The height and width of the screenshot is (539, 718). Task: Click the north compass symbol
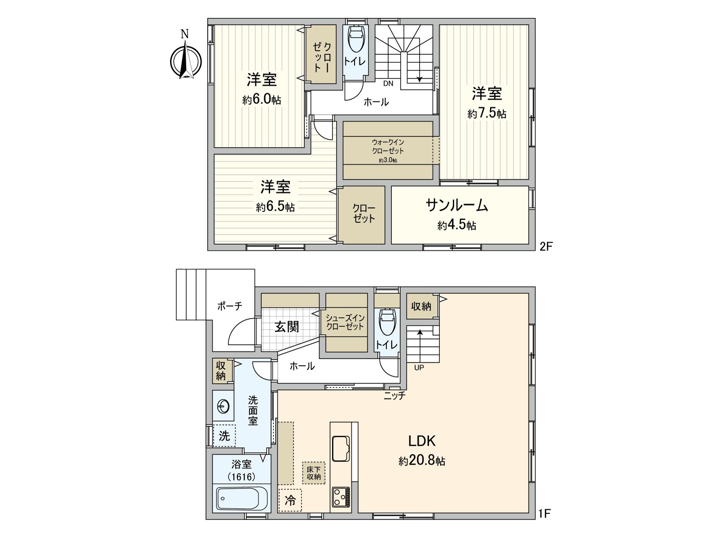coord(185,61)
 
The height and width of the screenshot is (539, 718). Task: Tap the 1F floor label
coord(544,513)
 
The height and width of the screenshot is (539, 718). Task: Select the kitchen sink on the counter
coord(342,448)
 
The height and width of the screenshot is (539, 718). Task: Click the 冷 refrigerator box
coord(290,500)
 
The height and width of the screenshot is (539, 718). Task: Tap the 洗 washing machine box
coord(224,435)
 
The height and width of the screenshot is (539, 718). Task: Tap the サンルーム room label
coord(457,205)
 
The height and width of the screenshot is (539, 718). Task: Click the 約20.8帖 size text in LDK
coord(422,461)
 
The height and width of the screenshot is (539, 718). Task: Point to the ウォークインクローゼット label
coord(388,146)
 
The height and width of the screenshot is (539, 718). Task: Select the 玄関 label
coord(287,327)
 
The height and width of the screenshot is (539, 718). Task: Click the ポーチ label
coord(230,306)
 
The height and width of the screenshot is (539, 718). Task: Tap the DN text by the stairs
coord(388,84)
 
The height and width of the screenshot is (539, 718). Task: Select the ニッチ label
coord(395,396)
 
